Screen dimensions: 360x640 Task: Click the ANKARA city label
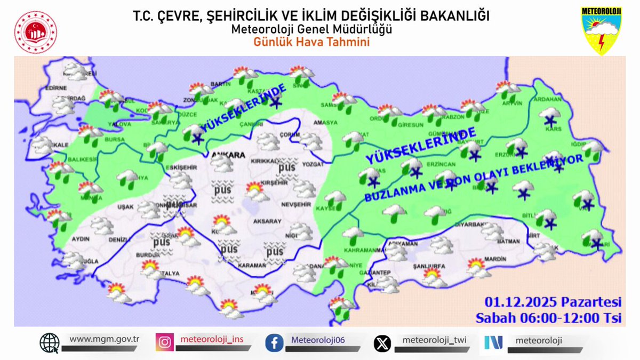(228, 156)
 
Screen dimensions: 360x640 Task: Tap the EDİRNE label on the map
(56, 88)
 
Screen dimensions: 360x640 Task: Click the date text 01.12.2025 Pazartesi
(553, 302)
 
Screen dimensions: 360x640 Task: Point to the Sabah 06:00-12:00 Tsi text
(549, 318)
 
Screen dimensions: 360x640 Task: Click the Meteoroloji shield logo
(601, 30)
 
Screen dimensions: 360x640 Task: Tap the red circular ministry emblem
(35, 32)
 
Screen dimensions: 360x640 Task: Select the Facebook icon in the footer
(274, 342)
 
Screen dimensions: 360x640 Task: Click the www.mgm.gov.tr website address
(105, 339)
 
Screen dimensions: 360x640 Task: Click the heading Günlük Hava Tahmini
(311, 42)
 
